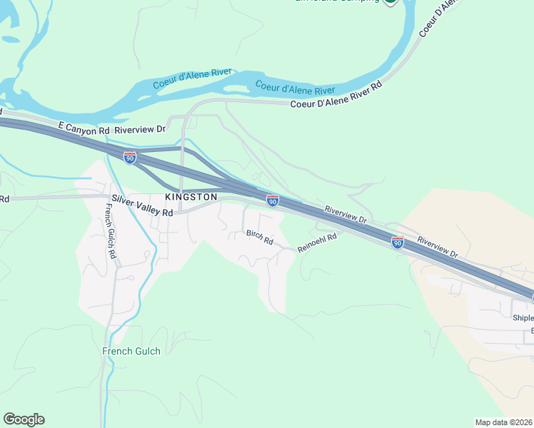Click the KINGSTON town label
click(x=191, y=196)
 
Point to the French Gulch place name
click(x=131, y=351)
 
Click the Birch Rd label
click(x=260, y=238)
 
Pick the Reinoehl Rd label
click(x=316, y=243)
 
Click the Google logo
click(x=24, y=419)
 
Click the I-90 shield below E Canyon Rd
click(x=130, y=158)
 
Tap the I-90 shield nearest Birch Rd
click(x=273, y=201)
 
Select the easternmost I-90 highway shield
click(x=398, y=243)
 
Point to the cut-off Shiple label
click(x=523, y=317)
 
